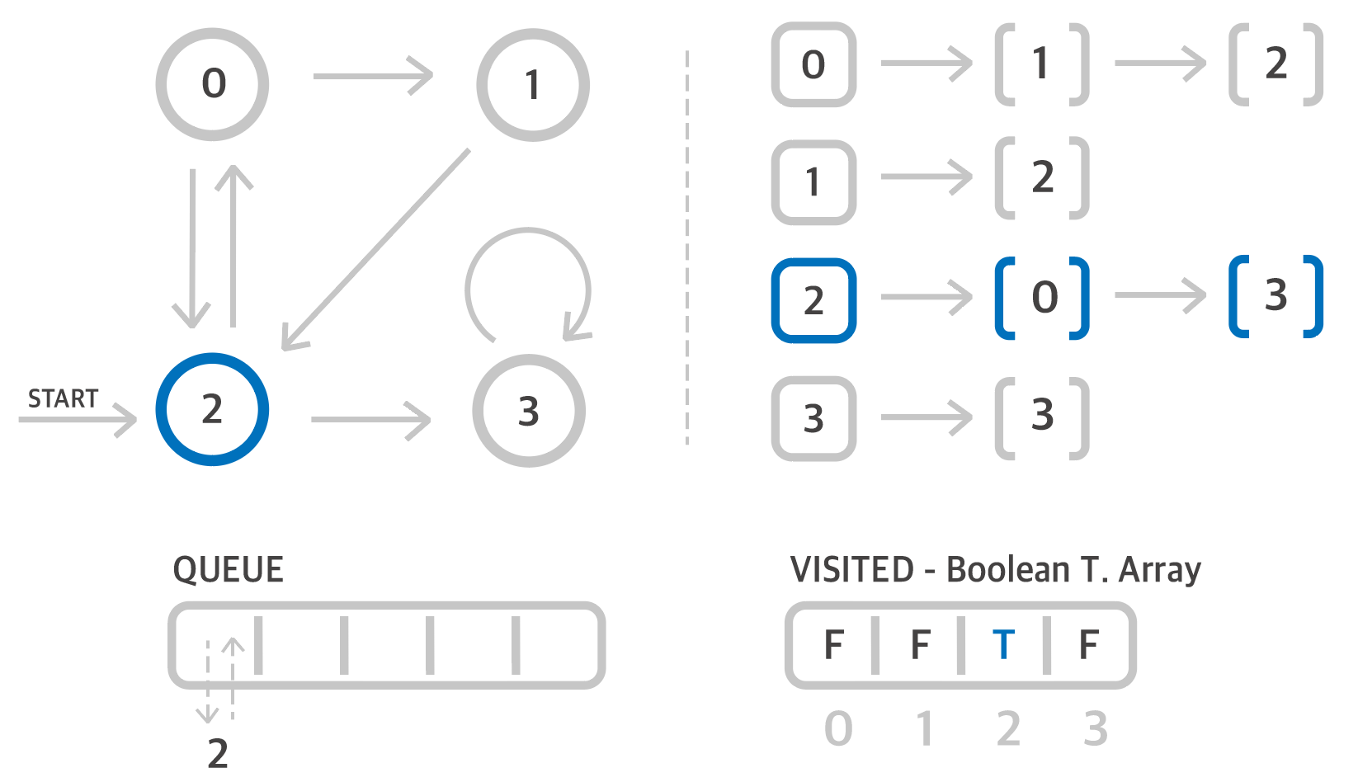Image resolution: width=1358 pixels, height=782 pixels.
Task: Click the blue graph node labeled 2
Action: [x=212, y=409]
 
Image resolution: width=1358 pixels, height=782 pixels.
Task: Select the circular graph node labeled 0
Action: [x=212, y=84]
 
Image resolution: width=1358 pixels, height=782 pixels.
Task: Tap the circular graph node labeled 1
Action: [x=532, y=85]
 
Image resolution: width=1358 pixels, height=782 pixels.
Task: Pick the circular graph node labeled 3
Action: [x=529, y=411]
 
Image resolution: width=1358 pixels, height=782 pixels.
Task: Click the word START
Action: [x=64, y=399]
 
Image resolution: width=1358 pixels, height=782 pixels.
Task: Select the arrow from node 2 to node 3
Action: [x=370, y=420]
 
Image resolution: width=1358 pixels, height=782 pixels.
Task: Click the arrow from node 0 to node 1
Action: [x=373, y=77]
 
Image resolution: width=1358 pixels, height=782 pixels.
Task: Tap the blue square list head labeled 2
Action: [x=813, y=300]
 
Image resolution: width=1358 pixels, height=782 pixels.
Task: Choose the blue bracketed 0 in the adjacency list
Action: [x=1043, y=298]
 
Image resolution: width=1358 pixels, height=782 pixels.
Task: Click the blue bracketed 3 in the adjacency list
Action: [x=1275, y=296]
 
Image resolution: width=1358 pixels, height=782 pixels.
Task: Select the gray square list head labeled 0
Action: [x=813, y=64]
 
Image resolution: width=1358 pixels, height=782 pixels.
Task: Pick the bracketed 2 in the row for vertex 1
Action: [x=1043, y=178]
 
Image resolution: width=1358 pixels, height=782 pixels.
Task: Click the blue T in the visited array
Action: [x=1003, y=645]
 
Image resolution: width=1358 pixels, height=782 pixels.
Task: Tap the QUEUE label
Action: [x=228, y=570]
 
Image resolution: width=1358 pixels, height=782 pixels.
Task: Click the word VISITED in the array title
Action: [x=852, y=570]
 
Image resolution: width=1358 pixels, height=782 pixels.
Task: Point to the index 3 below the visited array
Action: [x=1095, y=729]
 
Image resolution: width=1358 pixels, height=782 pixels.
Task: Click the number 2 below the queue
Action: [x=218, y=753]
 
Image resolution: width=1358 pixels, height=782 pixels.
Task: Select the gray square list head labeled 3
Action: [x=813, y=418]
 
